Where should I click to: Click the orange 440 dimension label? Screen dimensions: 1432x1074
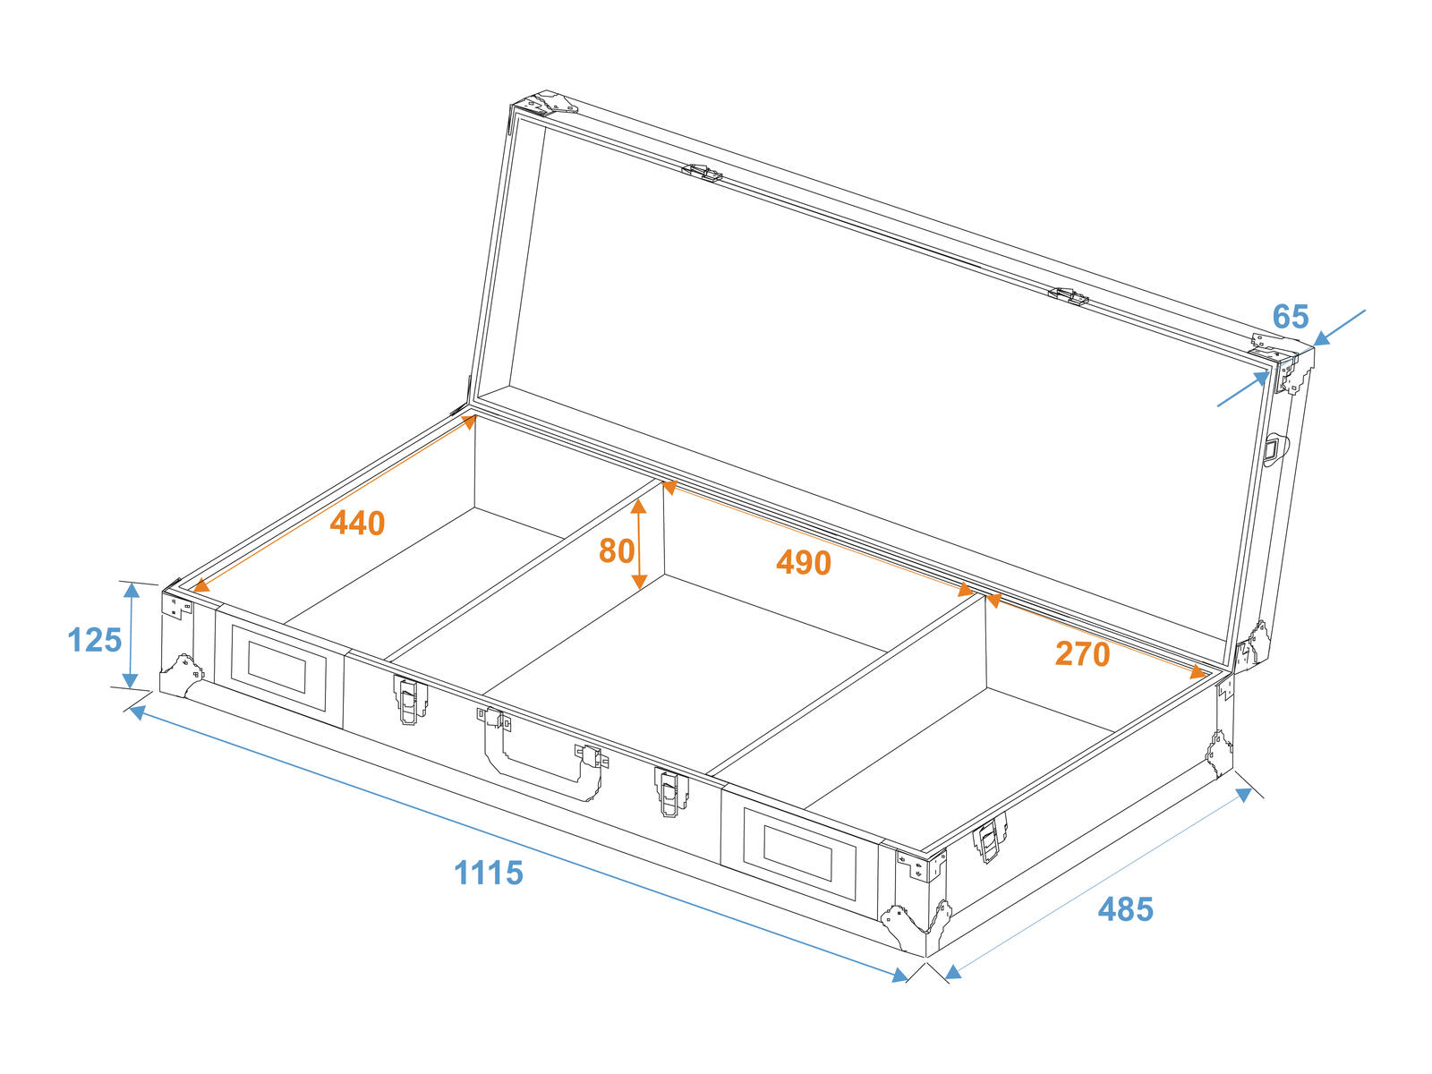coord(357,523)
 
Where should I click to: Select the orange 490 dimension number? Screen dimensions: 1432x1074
coord(803,562)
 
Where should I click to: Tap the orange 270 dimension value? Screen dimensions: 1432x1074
coord(1082,653)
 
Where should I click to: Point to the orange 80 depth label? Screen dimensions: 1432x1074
coord(617,551)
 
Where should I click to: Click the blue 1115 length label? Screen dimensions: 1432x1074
coord(489,873)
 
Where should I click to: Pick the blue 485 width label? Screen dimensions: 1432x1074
coord(1125,909)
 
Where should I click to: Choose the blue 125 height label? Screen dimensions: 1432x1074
coord(95,640)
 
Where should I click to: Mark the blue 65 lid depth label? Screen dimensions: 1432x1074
coord(1291,317)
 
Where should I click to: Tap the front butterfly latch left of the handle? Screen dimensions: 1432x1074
coord(410,700)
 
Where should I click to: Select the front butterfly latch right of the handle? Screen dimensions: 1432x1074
coord(670,792)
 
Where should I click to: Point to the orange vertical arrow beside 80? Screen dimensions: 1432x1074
coord(639,544)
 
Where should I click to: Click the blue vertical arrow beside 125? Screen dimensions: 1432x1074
coord(132,635)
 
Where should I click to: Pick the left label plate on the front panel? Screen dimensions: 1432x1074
coord(278,667)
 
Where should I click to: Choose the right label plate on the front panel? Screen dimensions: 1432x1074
coord(799,855)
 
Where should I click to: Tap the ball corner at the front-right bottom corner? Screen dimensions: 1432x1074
coord(916,924)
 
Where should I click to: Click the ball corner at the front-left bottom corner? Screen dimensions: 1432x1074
coord(182,675)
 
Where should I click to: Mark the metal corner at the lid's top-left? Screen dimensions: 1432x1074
coord(542,106)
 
